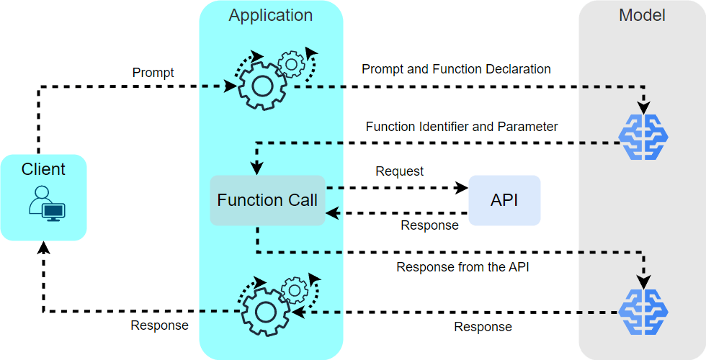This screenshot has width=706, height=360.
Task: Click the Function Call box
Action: [x=267, y=200]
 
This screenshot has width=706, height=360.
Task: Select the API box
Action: [x=504, y=200]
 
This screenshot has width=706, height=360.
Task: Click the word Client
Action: [x=43, y=169]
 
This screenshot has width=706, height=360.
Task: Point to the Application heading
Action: [x=271, y=15]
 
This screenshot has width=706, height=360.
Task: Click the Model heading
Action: [x=642, y=15]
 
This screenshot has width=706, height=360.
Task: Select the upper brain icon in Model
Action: [x=643, y=136]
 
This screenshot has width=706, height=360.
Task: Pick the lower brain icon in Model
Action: [x=643, y=312]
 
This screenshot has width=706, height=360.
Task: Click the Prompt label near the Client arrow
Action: [x=153, y=73]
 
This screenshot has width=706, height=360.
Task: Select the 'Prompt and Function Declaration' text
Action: [x=456, y=69]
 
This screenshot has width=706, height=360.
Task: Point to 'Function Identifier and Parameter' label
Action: [x=462, y=127]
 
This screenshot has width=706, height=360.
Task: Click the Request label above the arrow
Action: [x=400, y=171]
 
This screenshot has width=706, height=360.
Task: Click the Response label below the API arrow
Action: [x=429, y=225]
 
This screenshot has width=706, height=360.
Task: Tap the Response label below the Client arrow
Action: [x=159, y=325]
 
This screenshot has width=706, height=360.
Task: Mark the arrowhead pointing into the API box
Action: [x=461, y=188]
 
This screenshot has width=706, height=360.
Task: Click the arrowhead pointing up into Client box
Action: [x=44, y=248]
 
